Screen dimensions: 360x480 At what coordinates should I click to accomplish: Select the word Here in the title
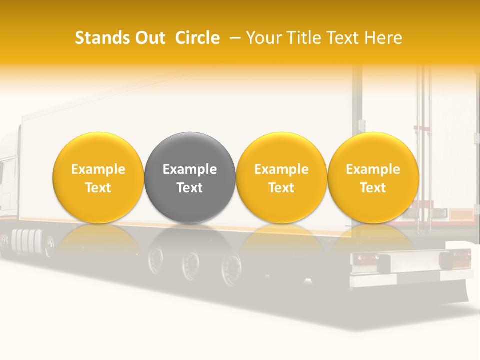pyautogui.click(x=383, y=38)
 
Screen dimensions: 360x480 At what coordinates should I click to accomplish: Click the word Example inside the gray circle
pyautogui.click(x=190, y=169)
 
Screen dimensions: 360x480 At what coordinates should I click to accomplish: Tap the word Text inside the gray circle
pyautogui.click(x=190, y=188)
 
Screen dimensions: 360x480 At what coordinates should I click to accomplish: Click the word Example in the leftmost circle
pyautogui.click(x=98, y=169)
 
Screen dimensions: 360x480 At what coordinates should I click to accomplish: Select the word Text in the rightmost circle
pyautogui.click(x=373, y=188)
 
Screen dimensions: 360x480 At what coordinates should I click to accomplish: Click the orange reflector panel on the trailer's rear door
pyautogui.click(x=461, y=215)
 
